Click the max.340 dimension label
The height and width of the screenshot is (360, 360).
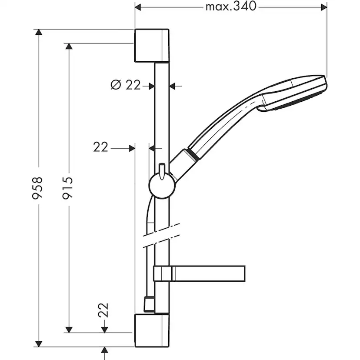[x=231, y=6]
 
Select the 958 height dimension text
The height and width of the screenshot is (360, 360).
[x=39, y=188]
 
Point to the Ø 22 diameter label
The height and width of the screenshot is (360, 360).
[x=126, y=85]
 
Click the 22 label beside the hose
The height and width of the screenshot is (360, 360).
[x=101, y=147]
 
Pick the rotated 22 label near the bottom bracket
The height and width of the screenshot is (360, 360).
[x=103, y=311]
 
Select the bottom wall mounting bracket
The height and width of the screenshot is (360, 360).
[x=152, y=330]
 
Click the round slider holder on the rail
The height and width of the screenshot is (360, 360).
[x=162, y=186]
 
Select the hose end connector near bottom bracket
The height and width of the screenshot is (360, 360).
[x=148, y=304]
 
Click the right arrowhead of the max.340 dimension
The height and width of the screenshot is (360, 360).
[x=323, y=6]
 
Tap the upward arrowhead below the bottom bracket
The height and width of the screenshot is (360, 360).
[x=104, y=350]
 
